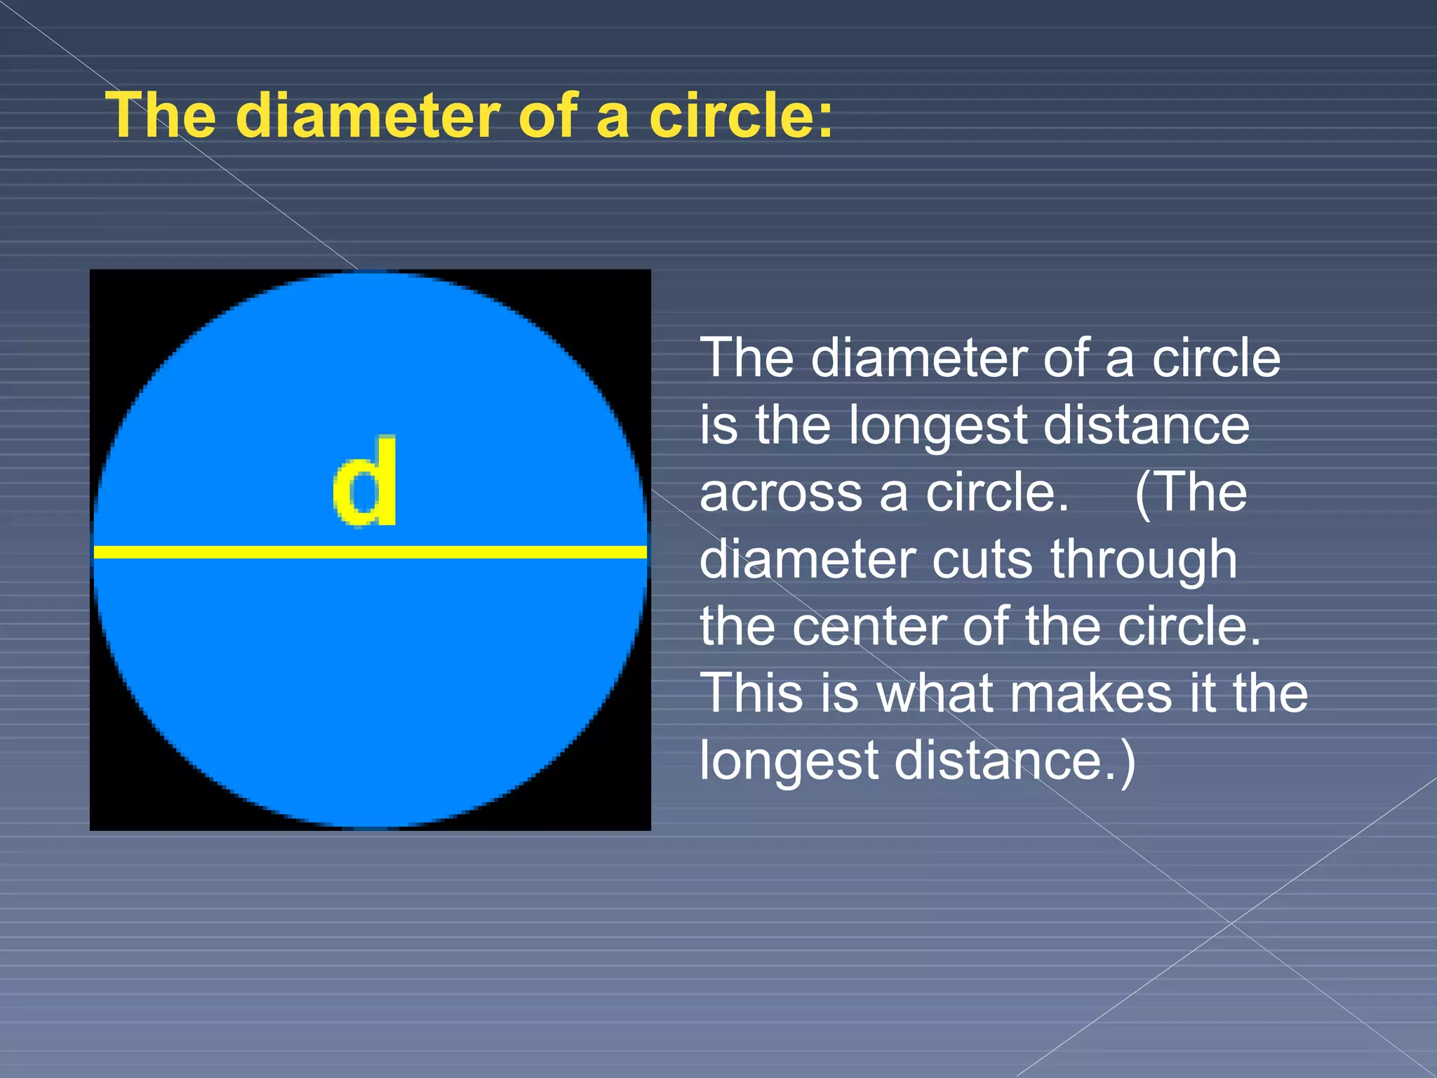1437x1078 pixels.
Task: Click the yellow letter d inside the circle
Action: tap(365, 481)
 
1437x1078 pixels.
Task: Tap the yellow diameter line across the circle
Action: tap(370, 552)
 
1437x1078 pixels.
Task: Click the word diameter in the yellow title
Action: tap(367, 116)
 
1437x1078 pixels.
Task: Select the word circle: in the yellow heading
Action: tap(741, 116)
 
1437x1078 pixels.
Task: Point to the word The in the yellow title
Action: tap(161, 116)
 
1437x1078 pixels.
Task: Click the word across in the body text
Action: tap(780, 493)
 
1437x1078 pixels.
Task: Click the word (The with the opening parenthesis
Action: tap(1190, 493)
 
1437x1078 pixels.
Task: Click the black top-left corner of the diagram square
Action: tap(112, 291)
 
